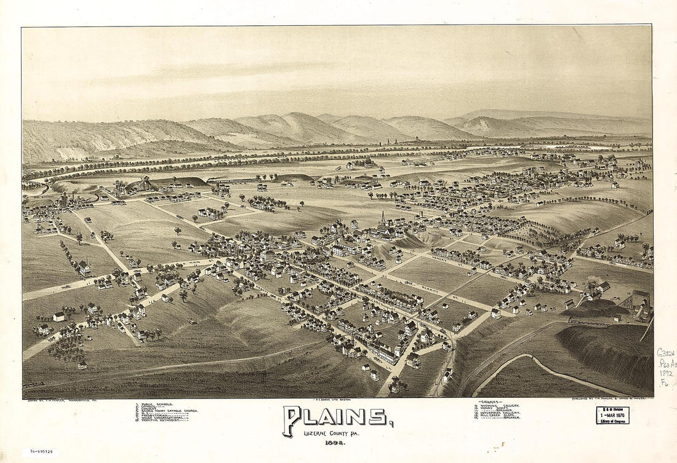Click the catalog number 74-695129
40,452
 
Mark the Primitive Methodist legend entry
162,420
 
